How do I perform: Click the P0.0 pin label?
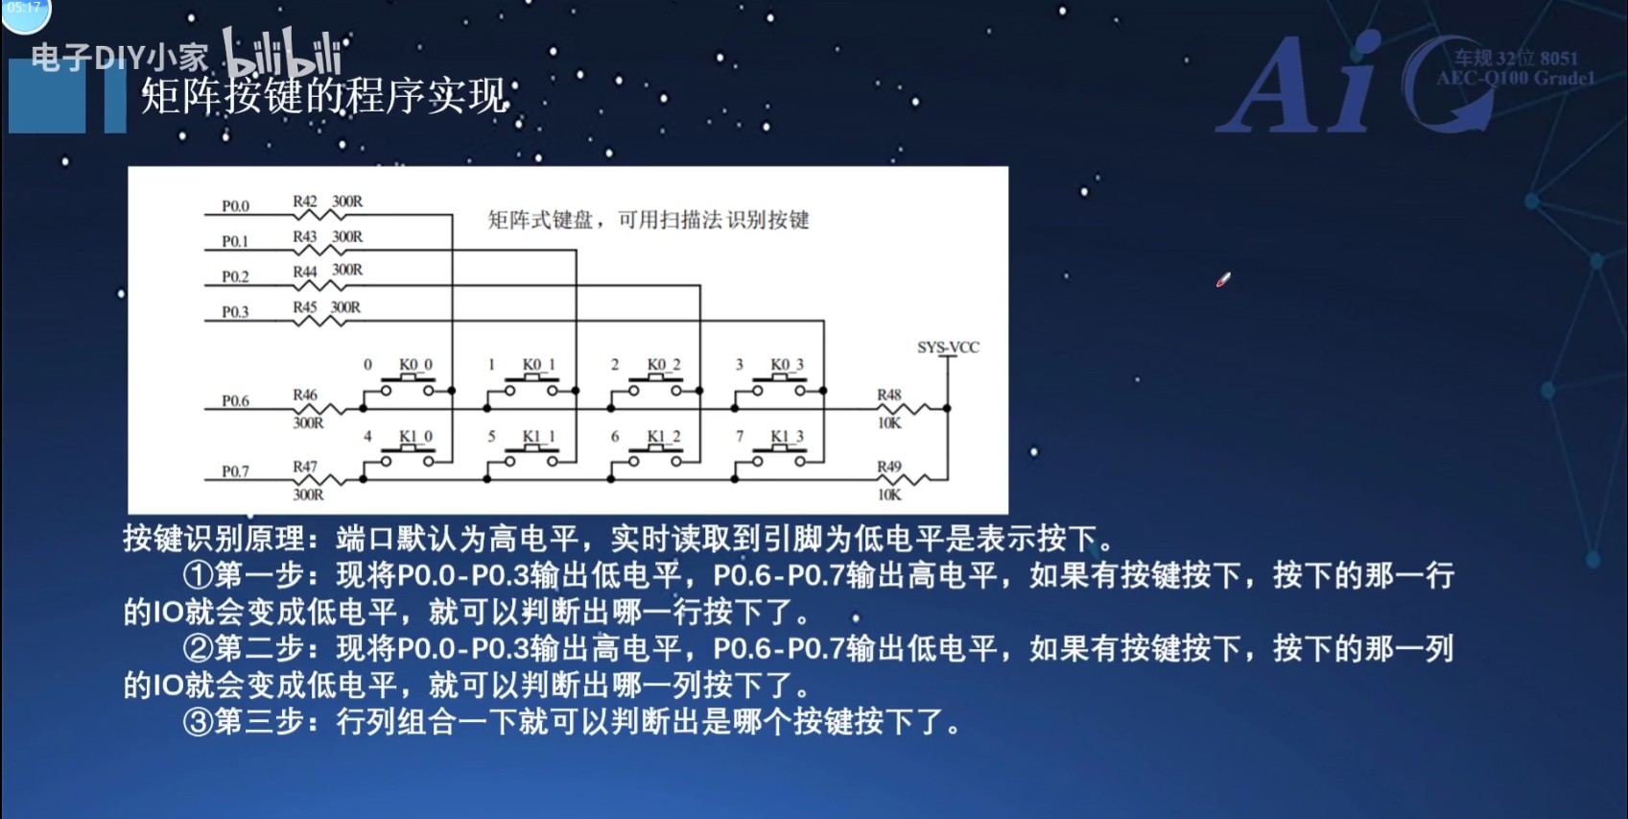click(235, 206)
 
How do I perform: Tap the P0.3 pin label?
click(235, 312)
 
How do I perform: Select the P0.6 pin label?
click(235, 401)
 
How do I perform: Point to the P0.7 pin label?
click(235, 471)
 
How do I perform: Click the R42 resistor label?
click(305, 202)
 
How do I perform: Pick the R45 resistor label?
click(305, 307)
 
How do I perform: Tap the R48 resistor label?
click(889, 395)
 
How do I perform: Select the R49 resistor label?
click(889, 467)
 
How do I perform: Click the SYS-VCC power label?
click(948, 348)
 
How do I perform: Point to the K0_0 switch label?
click(415, 365)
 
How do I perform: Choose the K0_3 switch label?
click(787, 365)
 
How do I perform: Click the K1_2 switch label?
click(663, 437)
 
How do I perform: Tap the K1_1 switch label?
click(538, 437)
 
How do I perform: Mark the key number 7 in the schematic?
click(740, 436)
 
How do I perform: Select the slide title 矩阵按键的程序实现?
click(325, 96)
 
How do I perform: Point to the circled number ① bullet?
click(198, 575)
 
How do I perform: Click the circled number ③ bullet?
click(198, 721)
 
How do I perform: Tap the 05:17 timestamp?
click(24, 8)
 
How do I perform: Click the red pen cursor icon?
click(1223, 280)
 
